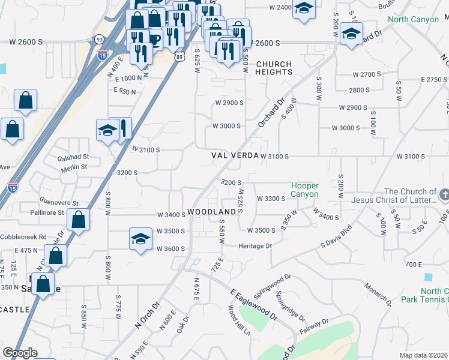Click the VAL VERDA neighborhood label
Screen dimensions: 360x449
click(x=235, y=155)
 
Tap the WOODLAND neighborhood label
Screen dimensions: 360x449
click(x=211, y=212)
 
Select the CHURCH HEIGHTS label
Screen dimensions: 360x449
click(x=274, y=68)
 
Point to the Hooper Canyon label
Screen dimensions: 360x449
click(x=305, y=190)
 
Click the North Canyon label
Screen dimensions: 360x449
click(x=413, y=20)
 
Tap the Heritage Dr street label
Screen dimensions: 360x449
click(x=255, y=246)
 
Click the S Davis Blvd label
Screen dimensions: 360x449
click(x=336, y=237)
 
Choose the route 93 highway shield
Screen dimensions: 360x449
click(x=99, y=39)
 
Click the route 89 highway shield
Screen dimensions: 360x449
click(x=180, y=56)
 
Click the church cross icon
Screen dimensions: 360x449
click(x=444, y=194)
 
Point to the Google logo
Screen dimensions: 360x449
click(x=19, y=353)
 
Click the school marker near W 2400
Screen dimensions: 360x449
click(x=304, y=9)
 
